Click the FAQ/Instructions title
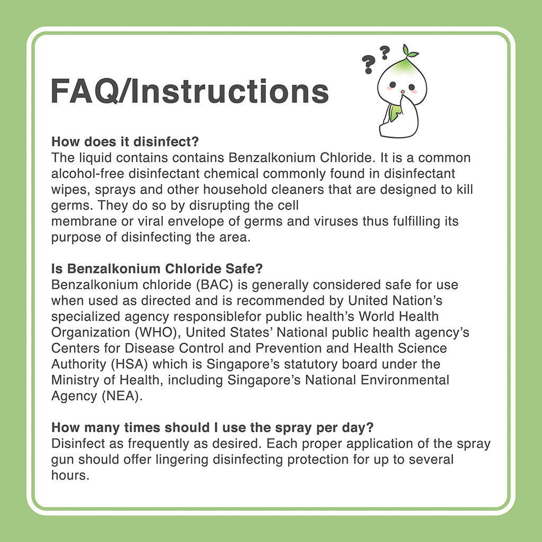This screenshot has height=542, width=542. [x=189, y=91]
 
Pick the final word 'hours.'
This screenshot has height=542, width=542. [x=69, y=475]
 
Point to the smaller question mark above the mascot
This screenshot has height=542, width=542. [x=385, y=51]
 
